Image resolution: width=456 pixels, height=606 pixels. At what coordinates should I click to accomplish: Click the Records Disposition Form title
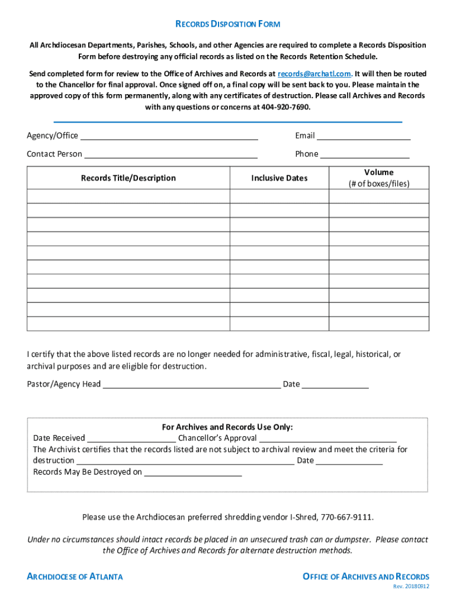[228, 24]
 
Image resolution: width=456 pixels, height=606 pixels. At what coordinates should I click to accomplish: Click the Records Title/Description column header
[128, 178]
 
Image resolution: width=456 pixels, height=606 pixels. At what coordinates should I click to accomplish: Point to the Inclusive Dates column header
[279, 178]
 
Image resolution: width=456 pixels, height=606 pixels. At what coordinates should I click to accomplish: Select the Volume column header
[378, 178]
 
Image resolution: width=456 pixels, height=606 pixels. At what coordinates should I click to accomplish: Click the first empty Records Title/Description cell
[128, 196]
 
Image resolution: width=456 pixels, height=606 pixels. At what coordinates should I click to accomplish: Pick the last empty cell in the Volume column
[378, 324]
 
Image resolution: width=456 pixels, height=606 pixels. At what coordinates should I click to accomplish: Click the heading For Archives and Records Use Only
[227, 427]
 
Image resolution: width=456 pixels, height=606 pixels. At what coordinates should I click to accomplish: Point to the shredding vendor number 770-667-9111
[347, 517]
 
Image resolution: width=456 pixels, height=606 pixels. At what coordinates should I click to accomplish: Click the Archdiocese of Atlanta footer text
[75, 576]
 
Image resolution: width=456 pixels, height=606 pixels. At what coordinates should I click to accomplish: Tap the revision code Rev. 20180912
[411, 586]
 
